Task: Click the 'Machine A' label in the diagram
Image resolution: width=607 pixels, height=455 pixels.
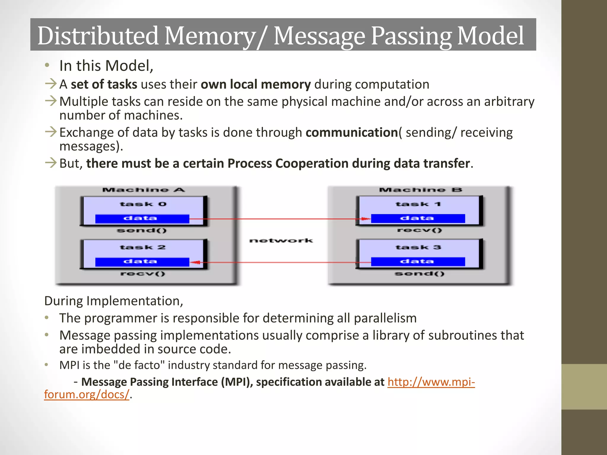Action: pos(143,190)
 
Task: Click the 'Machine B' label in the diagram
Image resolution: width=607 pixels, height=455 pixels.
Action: pos(420,190)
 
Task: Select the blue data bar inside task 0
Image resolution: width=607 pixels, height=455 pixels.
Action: pos(142,219)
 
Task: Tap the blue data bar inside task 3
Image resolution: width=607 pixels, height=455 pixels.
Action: pos(418,262)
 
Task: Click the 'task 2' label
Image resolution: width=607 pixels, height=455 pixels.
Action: pos(143,247)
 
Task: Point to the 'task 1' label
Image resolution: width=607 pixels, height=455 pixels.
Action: pos(418,204)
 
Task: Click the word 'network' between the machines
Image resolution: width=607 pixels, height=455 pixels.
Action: pos(281,241)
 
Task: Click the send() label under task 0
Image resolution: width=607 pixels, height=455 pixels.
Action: pos(142,230)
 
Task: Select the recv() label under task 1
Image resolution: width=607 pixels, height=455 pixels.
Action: pos(419,230)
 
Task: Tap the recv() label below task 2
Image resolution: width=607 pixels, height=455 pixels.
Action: pos(143,274)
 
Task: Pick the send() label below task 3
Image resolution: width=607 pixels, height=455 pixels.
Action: pos(419,274)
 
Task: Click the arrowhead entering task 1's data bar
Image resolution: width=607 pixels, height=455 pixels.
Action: pos(366,219)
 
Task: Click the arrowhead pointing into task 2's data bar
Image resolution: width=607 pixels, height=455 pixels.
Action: pos(195,262)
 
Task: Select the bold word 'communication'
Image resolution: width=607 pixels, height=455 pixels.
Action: pos(352,132)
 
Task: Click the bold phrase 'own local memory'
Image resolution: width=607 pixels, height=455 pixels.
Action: pos(255,84)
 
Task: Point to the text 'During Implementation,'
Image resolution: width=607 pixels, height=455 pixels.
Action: pos(114,301)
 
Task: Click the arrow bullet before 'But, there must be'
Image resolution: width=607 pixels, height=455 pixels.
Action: pos(51,163)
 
